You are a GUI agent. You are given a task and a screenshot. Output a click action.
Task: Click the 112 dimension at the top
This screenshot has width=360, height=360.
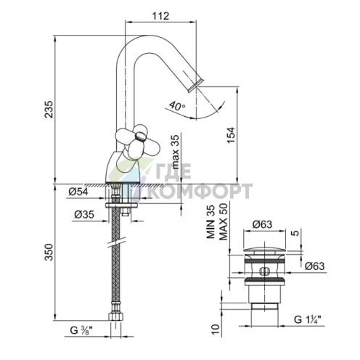[x=160, y=16]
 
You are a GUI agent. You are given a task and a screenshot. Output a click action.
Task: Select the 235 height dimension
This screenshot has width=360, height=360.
[x=49, y=109]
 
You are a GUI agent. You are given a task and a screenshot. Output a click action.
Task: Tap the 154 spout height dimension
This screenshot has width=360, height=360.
[x=231, y=135]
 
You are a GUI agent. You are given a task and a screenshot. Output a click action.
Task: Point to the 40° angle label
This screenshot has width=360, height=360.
[x=177, y=106]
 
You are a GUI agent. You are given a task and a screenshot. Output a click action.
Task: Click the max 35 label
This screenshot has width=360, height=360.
[x=176, y=152]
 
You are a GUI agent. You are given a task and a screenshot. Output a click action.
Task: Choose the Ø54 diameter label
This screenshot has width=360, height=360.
[x=78, y=192]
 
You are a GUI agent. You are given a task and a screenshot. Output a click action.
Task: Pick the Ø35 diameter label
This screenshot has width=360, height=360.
[x=84, y=214]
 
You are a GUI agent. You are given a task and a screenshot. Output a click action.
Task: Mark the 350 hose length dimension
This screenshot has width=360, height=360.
[x=49, y=252]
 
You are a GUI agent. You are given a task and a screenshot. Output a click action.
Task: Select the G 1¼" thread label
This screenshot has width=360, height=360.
[x=308, y=319]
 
